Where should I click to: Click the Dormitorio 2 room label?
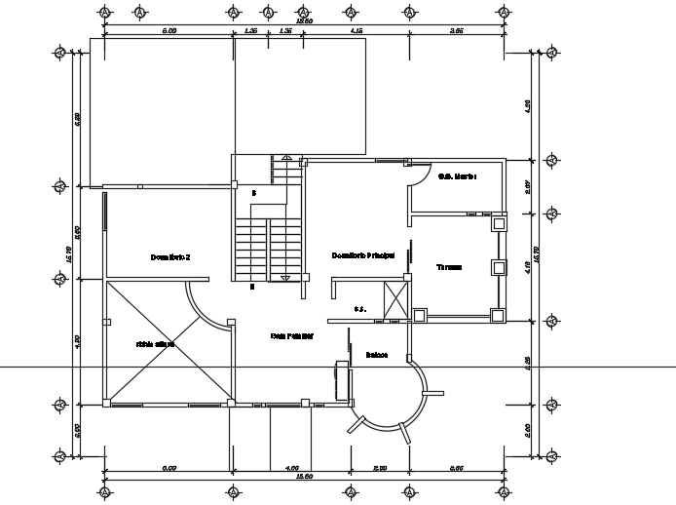(x=170, y=257)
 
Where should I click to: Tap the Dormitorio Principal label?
(x=362, y=255)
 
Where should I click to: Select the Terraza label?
(x=448, y=266)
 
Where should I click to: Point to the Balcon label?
(x=377, y=355)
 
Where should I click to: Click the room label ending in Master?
(x=455, y=176)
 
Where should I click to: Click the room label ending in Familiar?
(x=291, y=335)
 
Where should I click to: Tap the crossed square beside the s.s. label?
(x=396, y=298)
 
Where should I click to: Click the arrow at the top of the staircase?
(x=285, y=158)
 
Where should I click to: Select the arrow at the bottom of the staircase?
(x=285, y=278)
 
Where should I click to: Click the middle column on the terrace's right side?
(x=498, y=267)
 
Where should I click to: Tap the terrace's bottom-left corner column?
(x=419, y=315)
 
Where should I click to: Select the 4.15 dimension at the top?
(x=357, y=31)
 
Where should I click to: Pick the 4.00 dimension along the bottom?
(x=291, y=469)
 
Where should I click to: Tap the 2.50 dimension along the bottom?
(x=381, y=469)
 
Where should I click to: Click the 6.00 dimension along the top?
(x=169, y=31)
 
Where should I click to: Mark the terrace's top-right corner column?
(x=498, y=223)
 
